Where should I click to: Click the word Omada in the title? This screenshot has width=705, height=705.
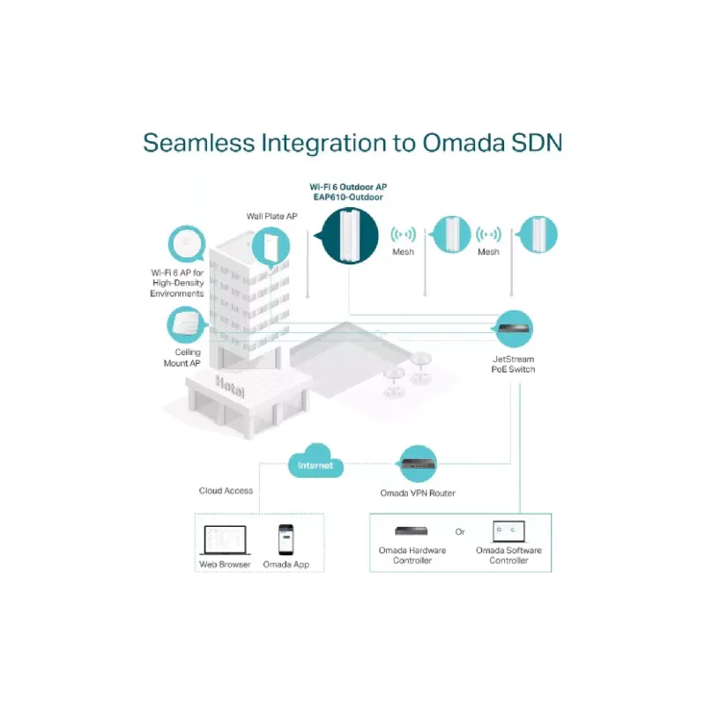click(464, 143)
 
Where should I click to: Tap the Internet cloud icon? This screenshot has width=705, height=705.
click(315, 462)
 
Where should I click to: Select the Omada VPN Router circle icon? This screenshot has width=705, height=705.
click(418, 464)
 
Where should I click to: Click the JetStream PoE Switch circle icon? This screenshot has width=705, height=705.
click(514, 329)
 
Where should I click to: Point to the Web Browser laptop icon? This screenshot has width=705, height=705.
click(225, 540)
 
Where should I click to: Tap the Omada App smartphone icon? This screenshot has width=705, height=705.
click(286, 539)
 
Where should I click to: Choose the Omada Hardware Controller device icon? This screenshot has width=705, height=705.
click(412, 531)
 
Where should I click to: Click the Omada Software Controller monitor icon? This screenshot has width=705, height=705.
click(508, 531)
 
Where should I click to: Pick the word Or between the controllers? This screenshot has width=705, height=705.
click(459, 532)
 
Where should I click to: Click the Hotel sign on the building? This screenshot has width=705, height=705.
click(230, 386)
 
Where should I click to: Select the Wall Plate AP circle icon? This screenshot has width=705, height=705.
click(271, 247)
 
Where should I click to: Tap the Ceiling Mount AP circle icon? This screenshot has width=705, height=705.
click(187, 324)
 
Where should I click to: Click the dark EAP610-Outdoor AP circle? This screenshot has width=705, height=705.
click(349, 235)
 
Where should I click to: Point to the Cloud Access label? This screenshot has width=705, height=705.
click(226, 491)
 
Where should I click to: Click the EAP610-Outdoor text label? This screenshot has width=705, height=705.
click(348, 197)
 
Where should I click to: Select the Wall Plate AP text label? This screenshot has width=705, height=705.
click(271, 216)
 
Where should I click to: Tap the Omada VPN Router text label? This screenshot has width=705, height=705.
click(418, 493)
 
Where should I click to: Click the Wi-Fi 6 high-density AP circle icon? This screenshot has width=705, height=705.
click(187, 244)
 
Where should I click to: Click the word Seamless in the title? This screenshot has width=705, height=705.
click(199, 143)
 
